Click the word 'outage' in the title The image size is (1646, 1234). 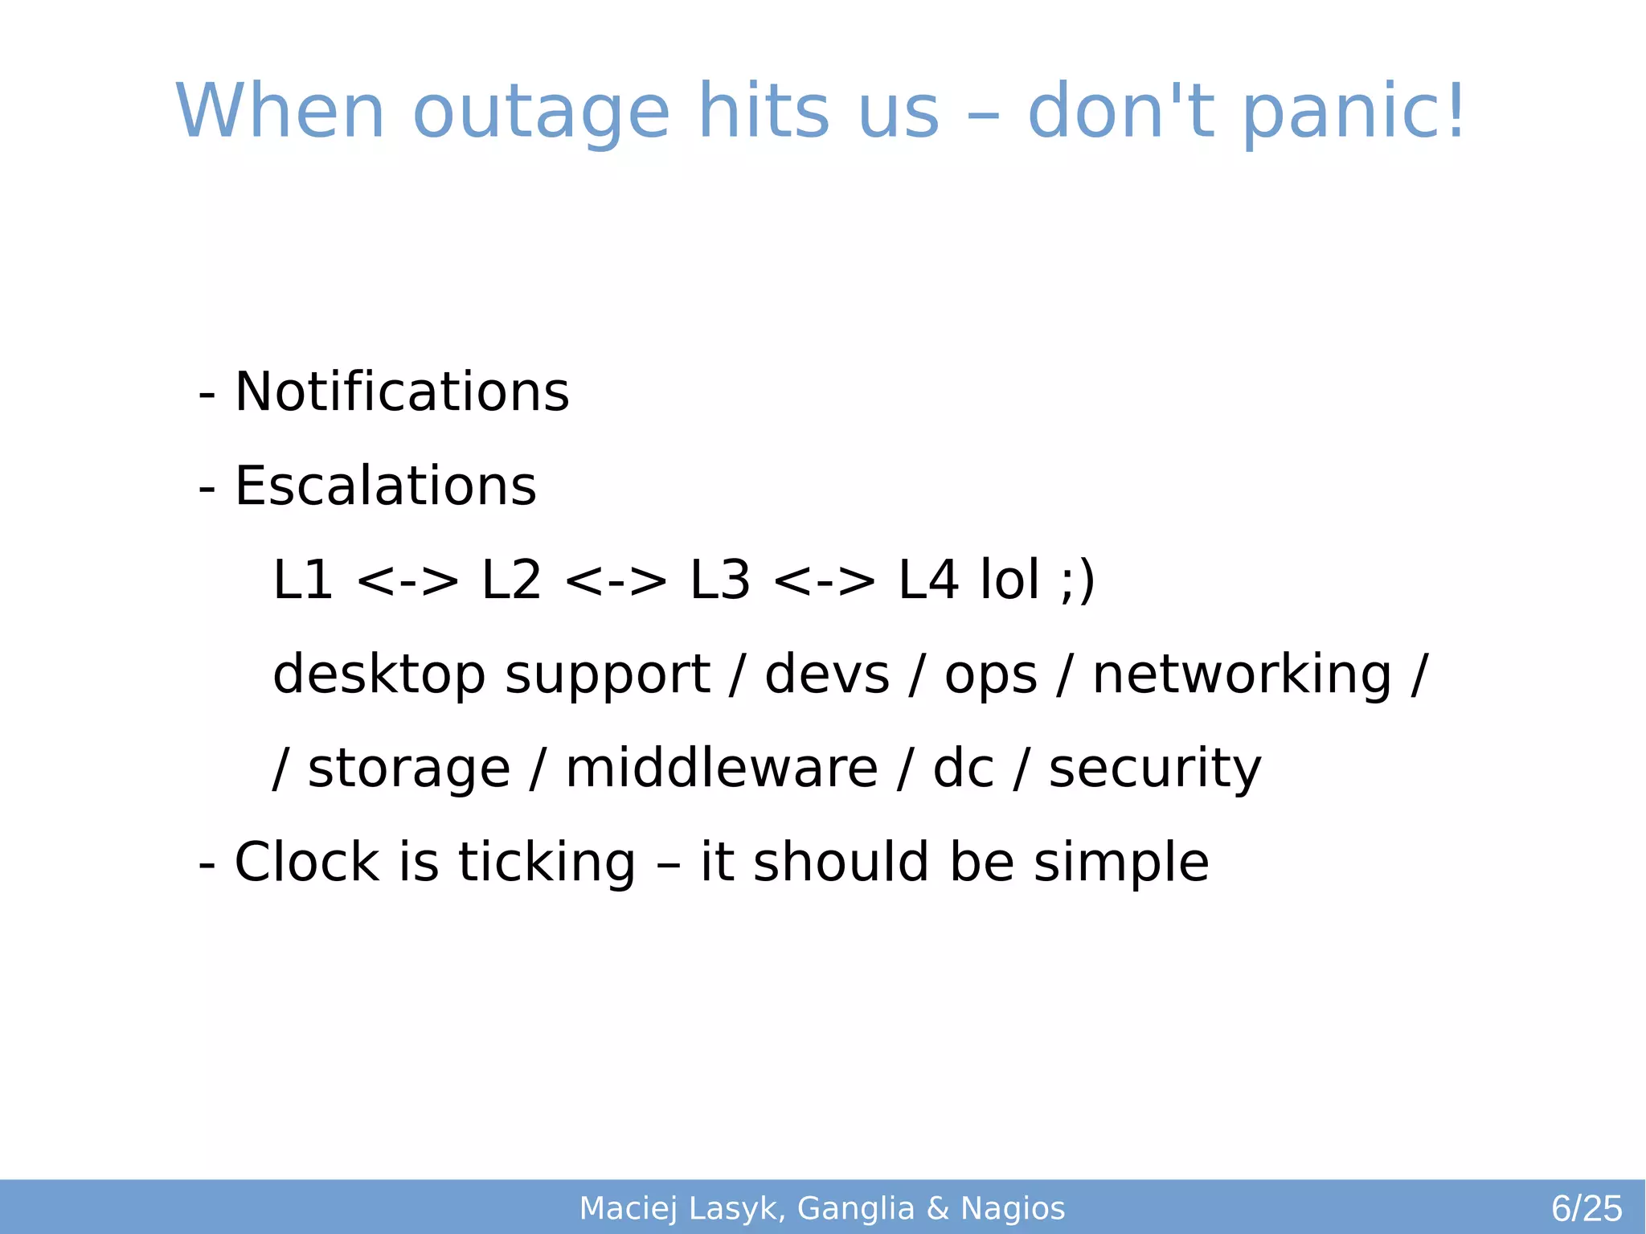click(x=540, y=113)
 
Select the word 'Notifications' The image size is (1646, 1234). click(x=402, y=392)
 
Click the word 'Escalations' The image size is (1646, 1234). click(x=385, y=486)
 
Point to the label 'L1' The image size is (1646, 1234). click(x=303, y=580)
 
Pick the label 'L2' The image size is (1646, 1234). click(x=511, y=580)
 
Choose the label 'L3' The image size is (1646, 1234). click(x=720, y=580)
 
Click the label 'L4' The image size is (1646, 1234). click(x=928, y=580)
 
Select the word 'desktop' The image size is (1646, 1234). click(x=379, y=674)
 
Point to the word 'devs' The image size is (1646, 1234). click(x=827, y=674)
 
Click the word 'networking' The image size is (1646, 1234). click(x=1242, y=674)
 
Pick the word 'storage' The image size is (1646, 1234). click(x=409, y=769)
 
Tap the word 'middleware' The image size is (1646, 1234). click(x=722, y=768)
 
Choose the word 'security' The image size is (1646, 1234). click(x=1155, y=769)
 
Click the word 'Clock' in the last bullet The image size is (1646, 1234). click(x=306, y=862)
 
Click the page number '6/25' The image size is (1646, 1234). click(x=1587, y=1208)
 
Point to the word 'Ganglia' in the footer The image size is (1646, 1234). click(x=856, y=1209)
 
